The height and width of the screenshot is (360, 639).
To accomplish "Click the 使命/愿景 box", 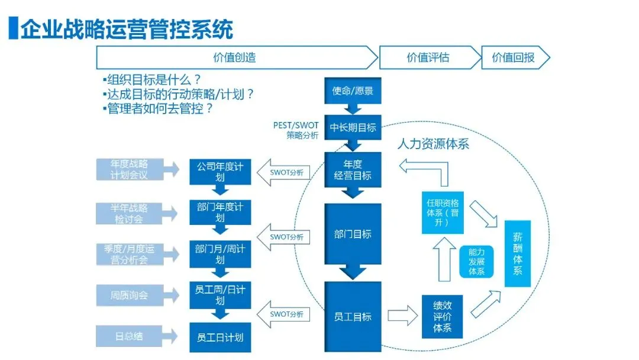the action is (353, 91).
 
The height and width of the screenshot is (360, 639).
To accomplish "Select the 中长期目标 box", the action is (353, 128).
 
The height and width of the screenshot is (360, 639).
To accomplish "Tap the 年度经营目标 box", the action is (353, 170).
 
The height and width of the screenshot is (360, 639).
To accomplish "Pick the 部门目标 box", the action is (353, 234).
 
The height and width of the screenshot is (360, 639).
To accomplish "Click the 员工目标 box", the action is (353, 316).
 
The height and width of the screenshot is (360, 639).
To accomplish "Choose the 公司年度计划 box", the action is (220, 172).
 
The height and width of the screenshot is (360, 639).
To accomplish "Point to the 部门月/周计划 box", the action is (220, 254).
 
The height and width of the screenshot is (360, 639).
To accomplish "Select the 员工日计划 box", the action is (220, 337).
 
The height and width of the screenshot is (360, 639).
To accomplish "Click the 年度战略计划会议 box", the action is (130, 169).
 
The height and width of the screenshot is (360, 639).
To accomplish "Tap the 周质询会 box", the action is (130, 295).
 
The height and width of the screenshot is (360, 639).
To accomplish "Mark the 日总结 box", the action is (129, 336).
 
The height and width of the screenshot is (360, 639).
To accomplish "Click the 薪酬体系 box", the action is (518, 253).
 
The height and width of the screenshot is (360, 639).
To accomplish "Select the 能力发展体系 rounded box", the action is (476, 262).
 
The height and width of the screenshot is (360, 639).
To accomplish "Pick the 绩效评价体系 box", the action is (442, 316).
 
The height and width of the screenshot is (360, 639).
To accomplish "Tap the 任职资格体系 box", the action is (443, 213).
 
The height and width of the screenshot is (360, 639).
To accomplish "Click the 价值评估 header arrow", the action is (430, 57).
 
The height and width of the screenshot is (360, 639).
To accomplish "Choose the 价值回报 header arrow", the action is (515, 57).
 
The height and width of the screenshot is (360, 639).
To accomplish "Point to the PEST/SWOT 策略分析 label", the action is (295, 130).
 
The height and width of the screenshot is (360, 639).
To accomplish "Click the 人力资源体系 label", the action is (433, 143).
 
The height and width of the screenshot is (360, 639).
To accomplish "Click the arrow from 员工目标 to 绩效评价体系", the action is (403, 316).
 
